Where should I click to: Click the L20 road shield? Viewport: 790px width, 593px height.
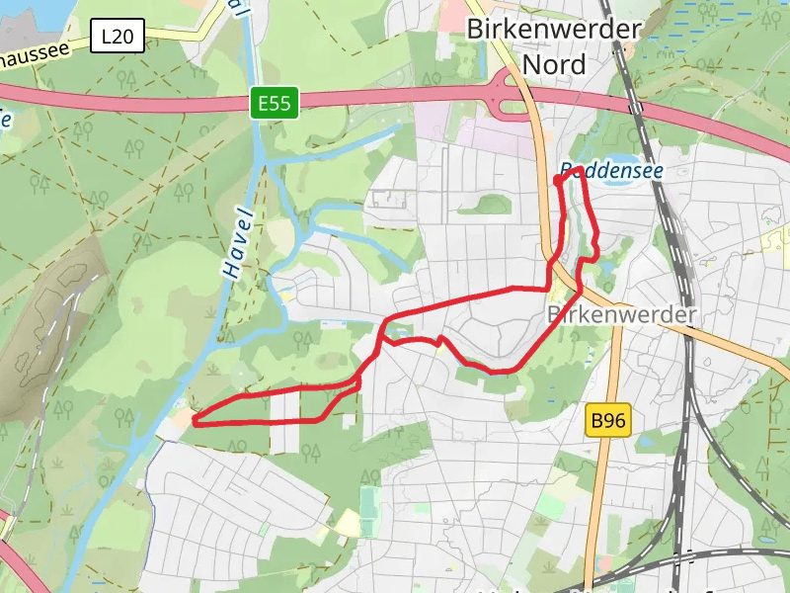pos(118,38)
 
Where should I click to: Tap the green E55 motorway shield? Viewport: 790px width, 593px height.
pos(274,103)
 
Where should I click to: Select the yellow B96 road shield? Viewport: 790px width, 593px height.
pos(607,421)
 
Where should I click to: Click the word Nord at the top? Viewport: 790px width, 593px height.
pos(553,65)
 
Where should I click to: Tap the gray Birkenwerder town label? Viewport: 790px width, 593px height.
pos(621,314)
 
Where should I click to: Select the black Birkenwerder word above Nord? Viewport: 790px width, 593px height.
pos(553,29)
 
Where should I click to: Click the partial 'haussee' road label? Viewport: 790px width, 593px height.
pos(35,48)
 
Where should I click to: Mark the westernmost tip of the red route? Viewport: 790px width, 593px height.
pos(195,422)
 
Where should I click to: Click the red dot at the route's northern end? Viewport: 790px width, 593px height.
pos(558,181)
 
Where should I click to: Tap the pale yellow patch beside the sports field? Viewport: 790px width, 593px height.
pos(348,521)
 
